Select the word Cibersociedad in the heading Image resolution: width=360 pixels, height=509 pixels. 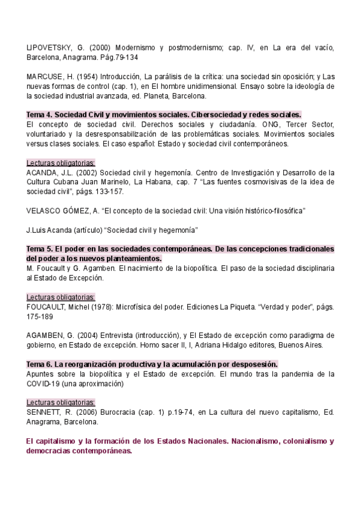tap(215, 115)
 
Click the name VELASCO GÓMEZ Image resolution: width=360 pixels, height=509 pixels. tap(59, 211)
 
